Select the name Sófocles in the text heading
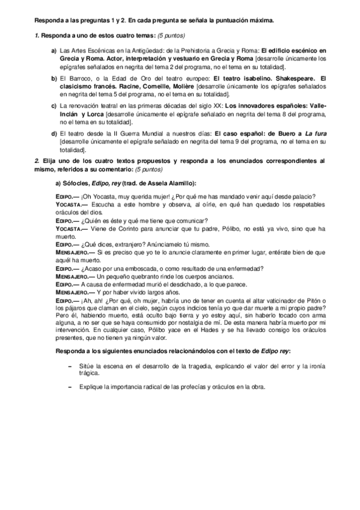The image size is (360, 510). tap(78, 183)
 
